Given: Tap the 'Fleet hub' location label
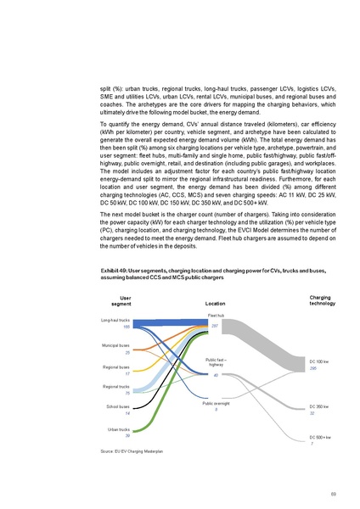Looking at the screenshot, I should tap(216, 315).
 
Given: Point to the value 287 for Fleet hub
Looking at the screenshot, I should tap(215, 325).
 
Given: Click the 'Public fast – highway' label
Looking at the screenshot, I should tap(216, 363).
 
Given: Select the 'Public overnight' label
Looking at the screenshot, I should tap(216, 404).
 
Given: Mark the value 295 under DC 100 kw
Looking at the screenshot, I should tap(312, 367).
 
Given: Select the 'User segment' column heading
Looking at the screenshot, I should tap(126, 300).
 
